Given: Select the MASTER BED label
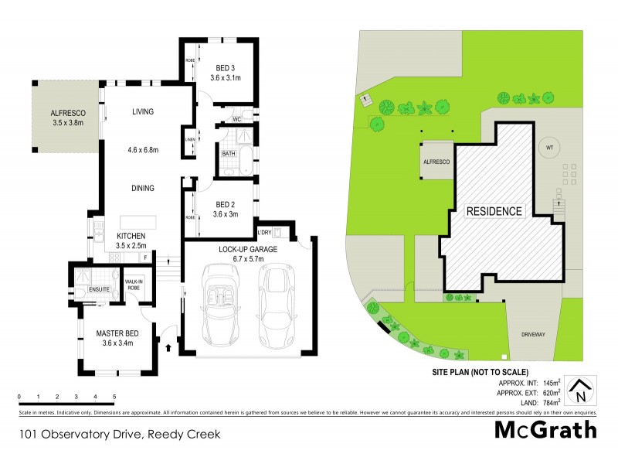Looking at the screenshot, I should (x=117, y=333).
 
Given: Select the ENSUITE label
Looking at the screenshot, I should (x=99, y=289).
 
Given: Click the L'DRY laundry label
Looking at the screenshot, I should (x=265, y=232).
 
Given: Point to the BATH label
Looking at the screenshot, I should (x=229, y=153).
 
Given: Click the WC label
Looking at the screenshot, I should (x=238, y=120).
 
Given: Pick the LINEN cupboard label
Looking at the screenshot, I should (x=190, y=140).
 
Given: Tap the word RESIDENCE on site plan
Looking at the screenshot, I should (x=494, y=211).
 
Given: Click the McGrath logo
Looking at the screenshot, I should (x=545, y=429).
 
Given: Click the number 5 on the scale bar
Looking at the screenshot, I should (x=114, y=396).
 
